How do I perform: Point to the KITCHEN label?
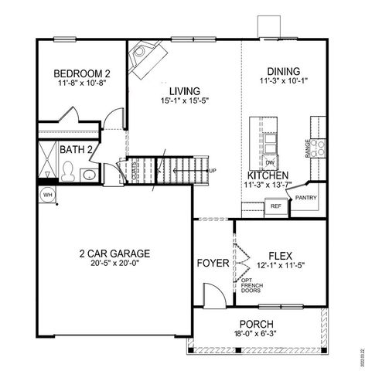click(x=268, y=175)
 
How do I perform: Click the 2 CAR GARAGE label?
click(x=114, y=254)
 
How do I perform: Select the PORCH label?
click(x=255, y=324)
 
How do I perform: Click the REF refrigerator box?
click(x=275, y=207)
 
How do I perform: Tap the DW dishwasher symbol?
click(x=270, y=162)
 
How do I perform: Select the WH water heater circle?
click(x=46, y=194)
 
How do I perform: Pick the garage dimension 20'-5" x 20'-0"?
click(x=114, y=264)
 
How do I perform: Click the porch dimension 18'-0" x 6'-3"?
click(x=255, y=334)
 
